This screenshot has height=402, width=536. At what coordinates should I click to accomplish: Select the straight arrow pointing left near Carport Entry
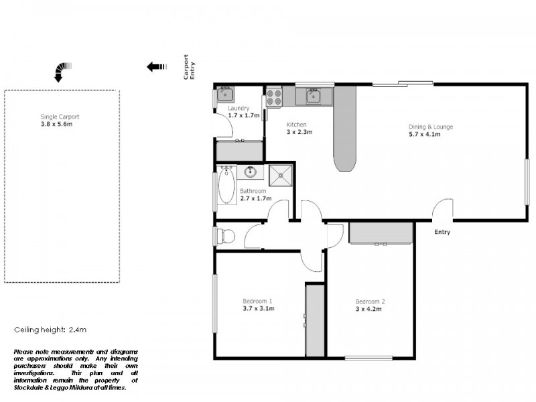tap(156, 66)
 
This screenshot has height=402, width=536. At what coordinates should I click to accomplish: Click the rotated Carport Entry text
tap(190, 68)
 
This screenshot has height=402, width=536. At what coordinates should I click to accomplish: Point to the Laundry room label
tap(239, 109)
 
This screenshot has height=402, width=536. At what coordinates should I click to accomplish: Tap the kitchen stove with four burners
tap(274, 98)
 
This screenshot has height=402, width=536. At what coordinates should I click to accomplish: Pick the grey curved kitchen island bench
tap(344, 131)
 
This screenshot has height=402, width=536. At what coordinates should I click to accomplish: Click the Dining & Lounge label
tap(431, 127)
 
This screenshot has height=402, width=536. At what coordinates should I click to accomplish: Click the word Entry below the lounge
tap(442, 232)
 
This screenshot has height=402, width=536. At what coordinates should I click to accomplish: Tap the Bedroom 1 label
tap(257, 301)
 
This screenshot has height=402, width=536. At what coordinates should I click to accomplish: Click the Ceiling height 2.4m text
tap(51, 330)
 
